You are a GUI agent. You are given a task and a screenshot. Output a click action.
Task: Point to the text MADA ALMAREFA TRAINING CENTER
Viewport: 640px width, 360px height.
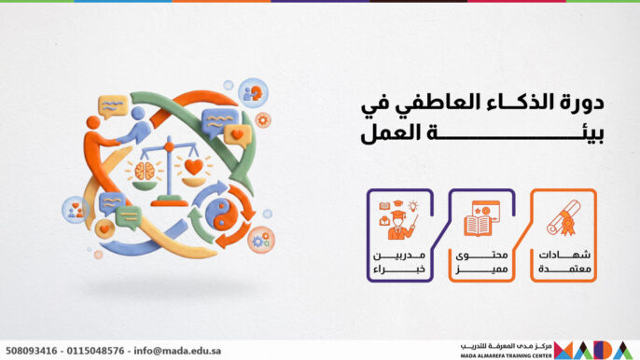pyautogui.click(x=505, y=355)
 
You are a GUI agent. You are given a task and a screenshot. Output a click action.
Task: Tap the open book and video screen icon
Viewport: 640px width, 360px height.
pyautogui.click(x=482, y=217)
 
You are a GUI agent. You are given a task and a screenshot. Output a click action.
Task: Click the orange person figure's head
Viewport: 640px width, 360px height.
pyautogui.click(x=93, y=123)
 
